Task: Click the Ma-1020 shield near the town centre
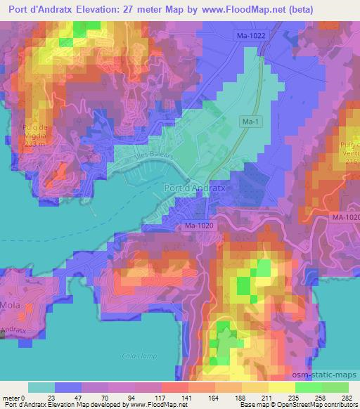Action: pyautogui.click(x=200, y=226)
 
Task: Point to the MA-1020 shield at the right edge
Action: pyautogui.click(x=346, y=219)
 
